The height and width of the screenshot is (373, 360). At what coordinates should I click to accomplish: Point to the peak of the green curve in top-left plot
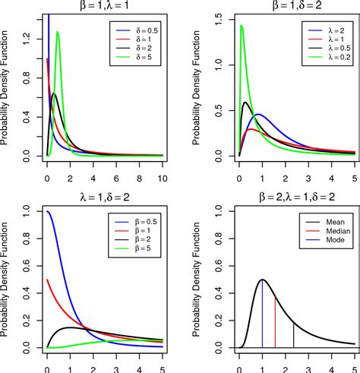coord(58,32)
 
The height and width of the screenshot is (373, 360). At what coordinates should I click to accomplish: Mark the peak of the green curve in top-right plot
coord(241,26)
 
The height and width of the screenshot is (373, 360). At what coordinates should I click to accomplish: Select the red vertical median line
coord(275,322)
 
